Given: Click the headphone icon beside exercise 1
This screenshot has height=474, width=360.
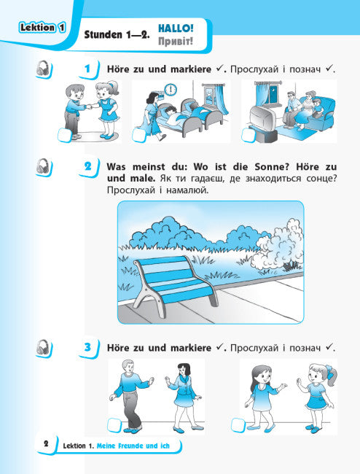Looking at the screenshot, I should [x=43, y=69].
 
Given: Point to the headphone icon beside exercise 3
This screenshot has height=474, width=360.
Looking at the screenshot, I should [x=43, y=348].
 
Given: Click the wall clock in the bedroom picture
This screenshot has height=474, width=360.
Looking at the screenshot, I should [x=171, y=90].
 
